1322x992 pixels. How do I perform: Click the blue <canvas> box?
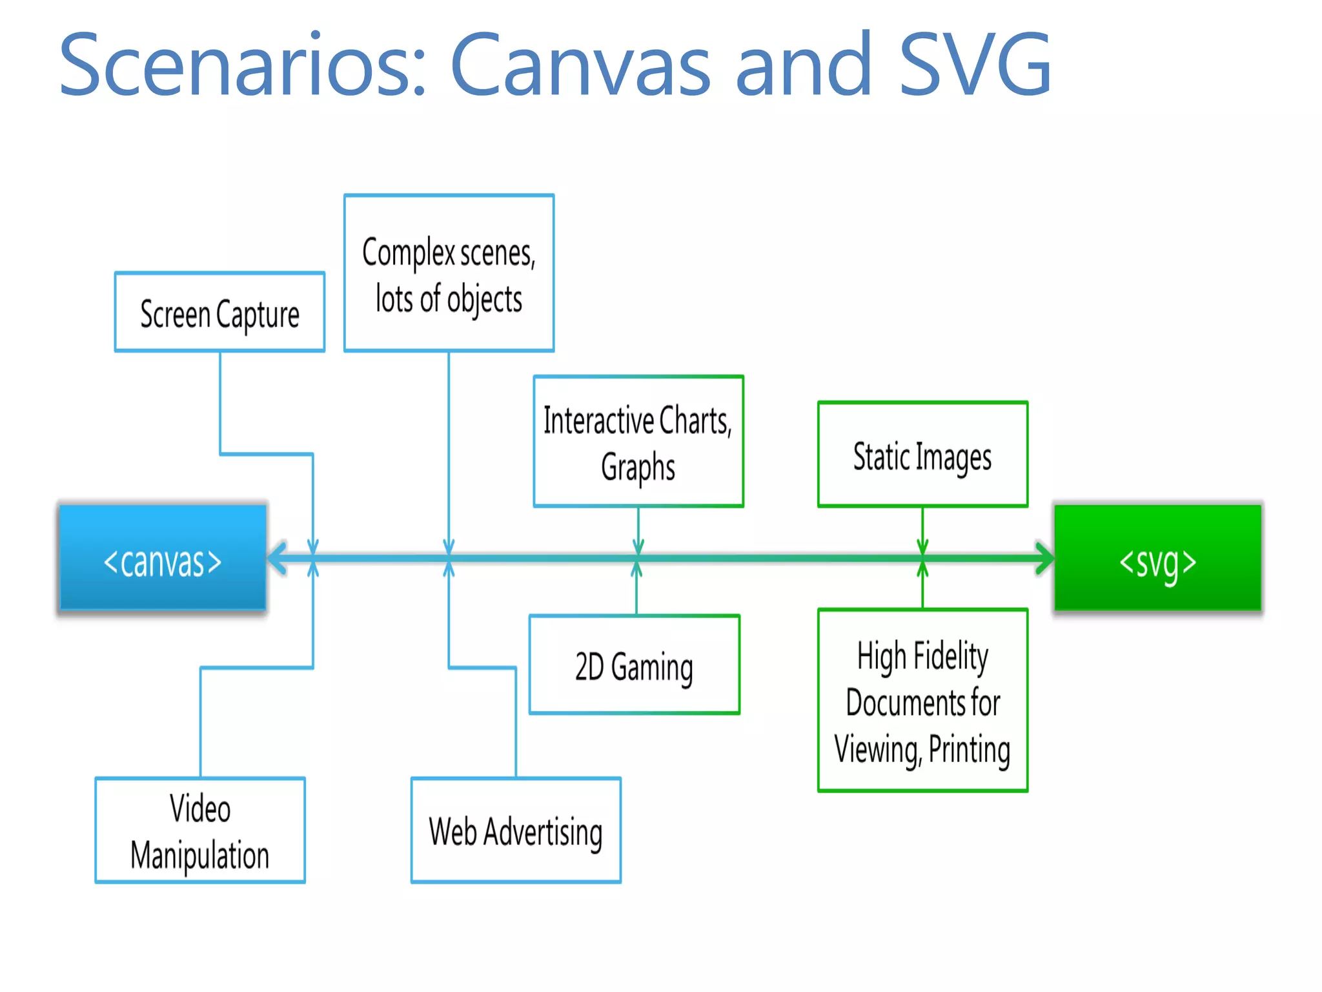pyautogui.click(x=163, y=558)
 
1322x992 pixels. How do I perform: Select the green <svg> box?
pyautogui.click(x=1157, y=558)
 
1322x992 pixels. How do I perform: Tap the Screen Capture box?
pyautogui.click(x=219, y=313)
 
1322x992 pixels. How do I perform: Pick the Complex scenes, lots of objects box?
pyautogui.click(x=449, y=273)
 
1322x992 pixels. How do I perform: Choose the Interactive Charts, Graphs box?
pyautogui.click(x=638, y=442)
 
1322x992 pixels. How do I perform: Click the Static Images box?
pyautogui.click(x=922, y=455)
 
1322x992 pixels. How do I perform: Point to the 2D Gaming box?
pyautogui.click(x=634, y=665)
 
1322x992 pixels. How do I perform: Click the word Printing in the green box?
pyautogui.click(x=969, y=750)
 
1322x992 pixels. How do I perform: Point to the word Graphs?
pyautogui.click(x=638, y=468)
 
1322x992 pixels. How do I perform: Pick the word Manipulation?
pyautogui.click(x=200, y=856)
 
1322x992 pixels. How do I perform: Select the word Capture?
pyautogui.click(x=258, y=315)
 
